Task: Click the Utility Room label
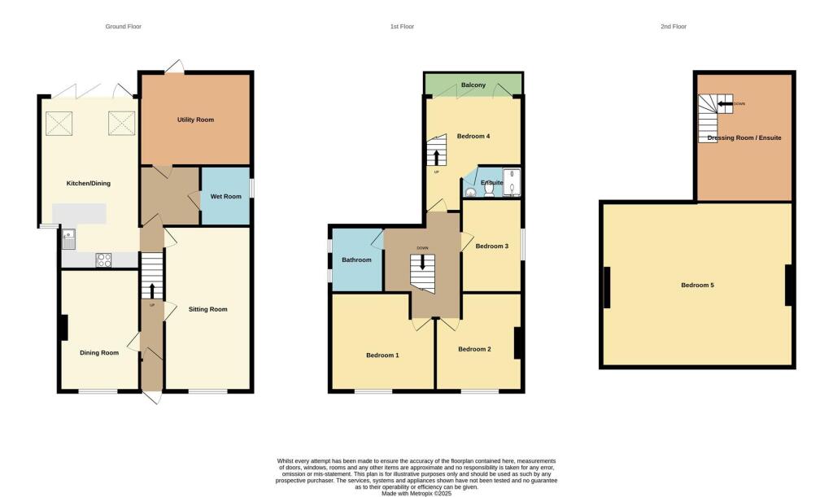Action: point(195,120)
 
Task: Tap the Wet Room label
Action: point(226,196)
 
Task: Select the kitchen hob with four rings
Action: point(105,259)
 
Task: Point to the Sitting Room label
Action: point(207,309)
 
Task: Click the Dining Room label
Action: point(99,353)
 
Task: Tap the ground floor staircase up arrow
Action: point(151,290)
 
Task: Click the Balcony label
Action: point(473,85)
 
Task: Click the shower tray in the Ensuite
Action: point(512,183)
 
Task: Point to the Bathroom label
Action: point(356,260)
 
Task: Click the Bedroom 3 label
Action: point(491,246)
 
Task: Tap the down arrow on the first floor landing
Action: point(422,263)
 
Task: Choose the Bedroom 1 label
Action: point(382,355)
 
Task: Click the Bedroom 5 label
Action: point(697,286)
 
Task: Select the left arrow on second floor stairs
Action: point(724,104)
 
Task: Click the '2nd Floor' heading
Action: point(673,27)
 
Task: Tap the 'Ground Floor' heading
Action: point(124,27)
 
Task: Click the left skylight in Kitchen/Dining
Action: point(59,124)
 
